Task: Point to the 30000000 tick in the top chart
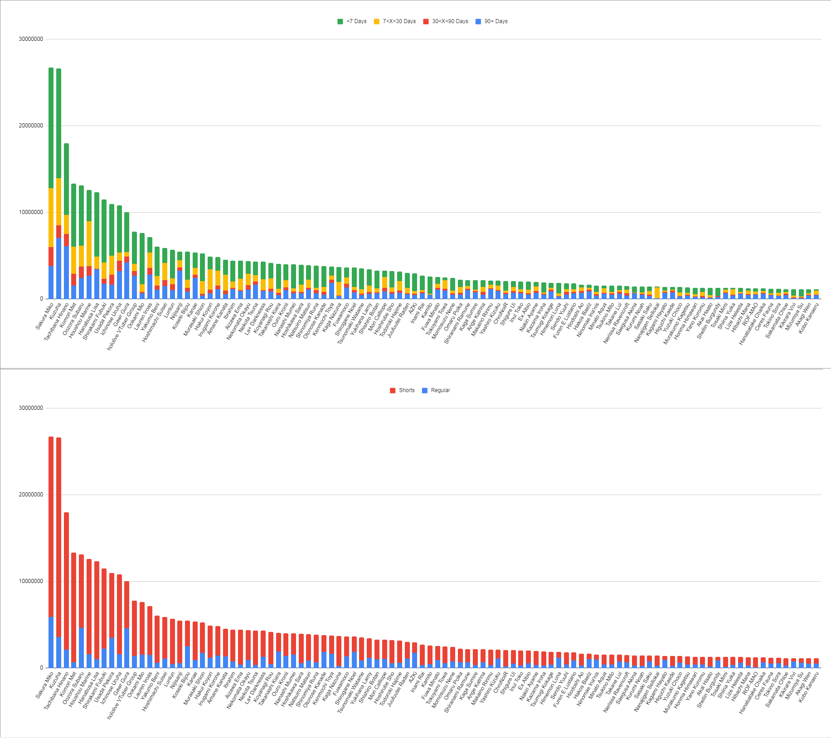(x=31, y=39)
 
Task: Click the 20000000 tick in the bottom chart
(x=31, y=495)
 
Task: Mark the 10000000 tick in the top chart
(x=31, y=212)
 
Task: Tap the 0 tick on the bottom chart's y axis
(x=41, y=668)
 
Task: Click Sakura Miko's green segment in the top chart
(x=51, y=127)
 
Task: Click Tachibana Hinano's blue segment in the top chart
(x=66, y=272)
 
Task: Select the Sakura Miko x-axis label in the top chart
(x=45, y=316)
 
